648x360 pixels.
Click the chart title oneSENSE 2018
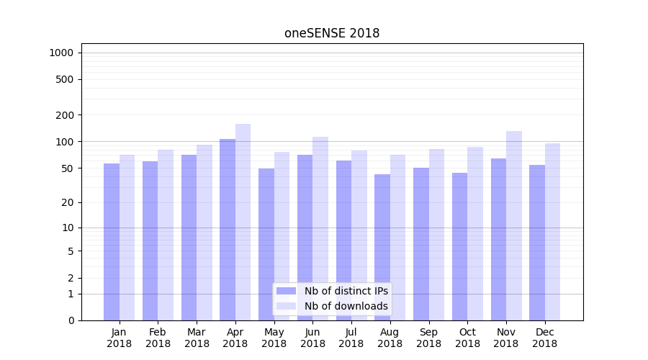(332, 33)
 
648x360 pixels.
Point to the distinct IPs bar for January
(112, 241)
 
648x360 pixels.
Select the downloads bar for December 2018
(553, 231)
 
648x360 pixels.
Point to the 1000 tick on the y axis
(61, 53)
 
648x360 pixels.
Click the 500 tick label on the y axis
(65, 79)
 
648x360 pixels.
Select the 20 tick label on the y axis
(67, 202)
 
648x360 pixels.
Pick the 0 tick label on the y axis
(71, 320)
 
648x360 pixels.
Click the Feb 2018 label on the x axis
(158, 338)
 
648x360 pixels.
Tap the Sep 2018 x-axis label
(428, 338)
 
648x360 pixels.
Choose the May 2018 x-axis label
(274, 338)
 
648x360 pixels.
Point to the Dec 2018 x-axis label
(545, 338)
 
